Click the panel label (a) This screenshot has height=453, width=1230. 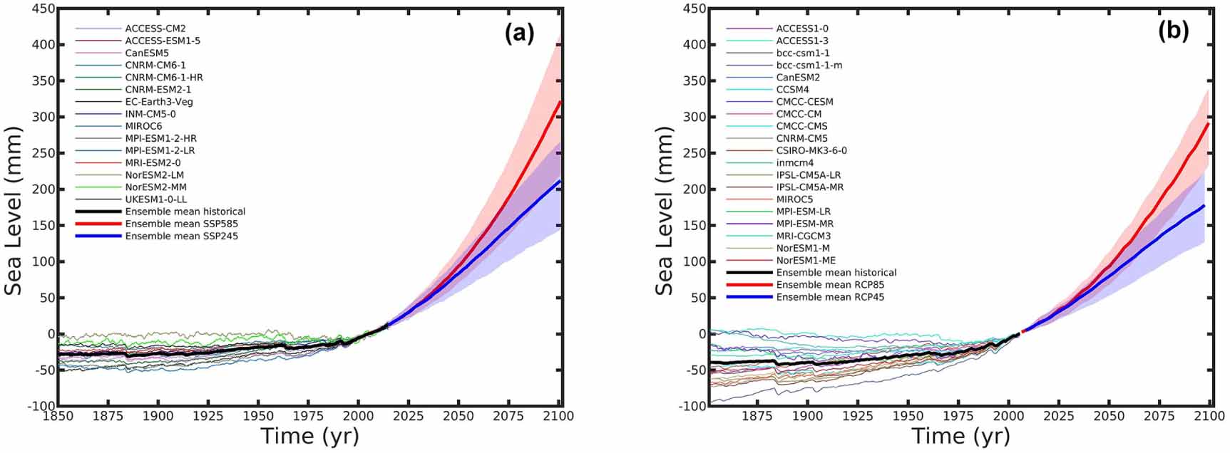[x=519, y=33]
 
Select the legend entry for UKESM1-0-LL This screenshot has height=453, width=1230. [x=155, y=199]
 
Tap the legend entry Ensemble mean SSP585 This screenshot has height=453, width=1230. [x=181, y=224]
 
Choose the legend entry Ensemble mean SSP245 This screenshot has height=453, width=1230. [x=181, y=236]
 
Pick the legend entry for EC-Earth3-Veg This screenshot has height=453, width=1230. [x=158, y=102]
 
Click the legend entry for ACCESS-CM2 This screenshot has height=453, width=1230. [x=155, y=28]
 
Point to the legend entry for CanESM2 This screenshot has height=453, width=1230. [x=798, y=77]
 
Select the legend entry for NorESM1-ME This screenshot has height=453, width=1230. [x=806, y=261]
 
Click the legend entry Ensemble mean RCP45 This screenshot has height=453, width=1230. [x=830, y=297]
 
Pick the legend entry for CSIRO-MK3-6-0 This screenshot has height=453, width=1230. [x=811, y=150]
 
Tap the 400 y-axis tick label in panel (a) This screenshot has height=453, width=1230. [x=41, y=44]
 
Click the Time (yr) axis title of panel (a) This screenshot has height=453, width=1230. [x=309, y=436]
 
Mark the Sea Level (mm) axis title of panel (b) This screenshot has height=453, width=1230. [x=665, y=212]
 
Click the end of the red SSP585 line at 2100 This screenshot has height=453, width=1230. [x=560, y=101]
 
